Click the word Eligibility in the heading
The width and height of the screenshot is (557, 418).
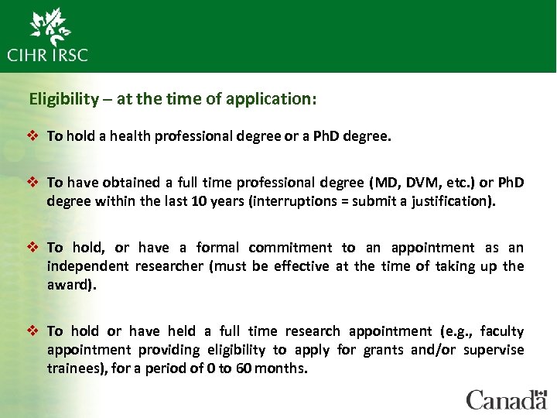64,99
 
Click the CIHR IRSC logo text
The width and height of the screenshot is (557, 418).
48,55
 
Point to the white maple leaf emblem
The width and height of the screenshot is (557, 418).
51,26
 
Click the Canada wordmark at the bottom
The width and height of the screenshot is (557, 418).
506,399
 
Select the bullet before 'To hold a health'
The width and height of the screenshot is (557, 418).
35,136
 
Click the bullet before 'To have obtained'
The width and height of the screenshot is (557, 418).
35,183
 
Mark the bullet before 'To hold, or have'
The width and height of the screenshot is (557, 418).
35,248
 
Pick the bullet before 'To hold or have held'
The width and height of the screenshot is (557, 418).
35,331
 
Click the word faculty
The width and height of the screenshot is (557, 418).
501,331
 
